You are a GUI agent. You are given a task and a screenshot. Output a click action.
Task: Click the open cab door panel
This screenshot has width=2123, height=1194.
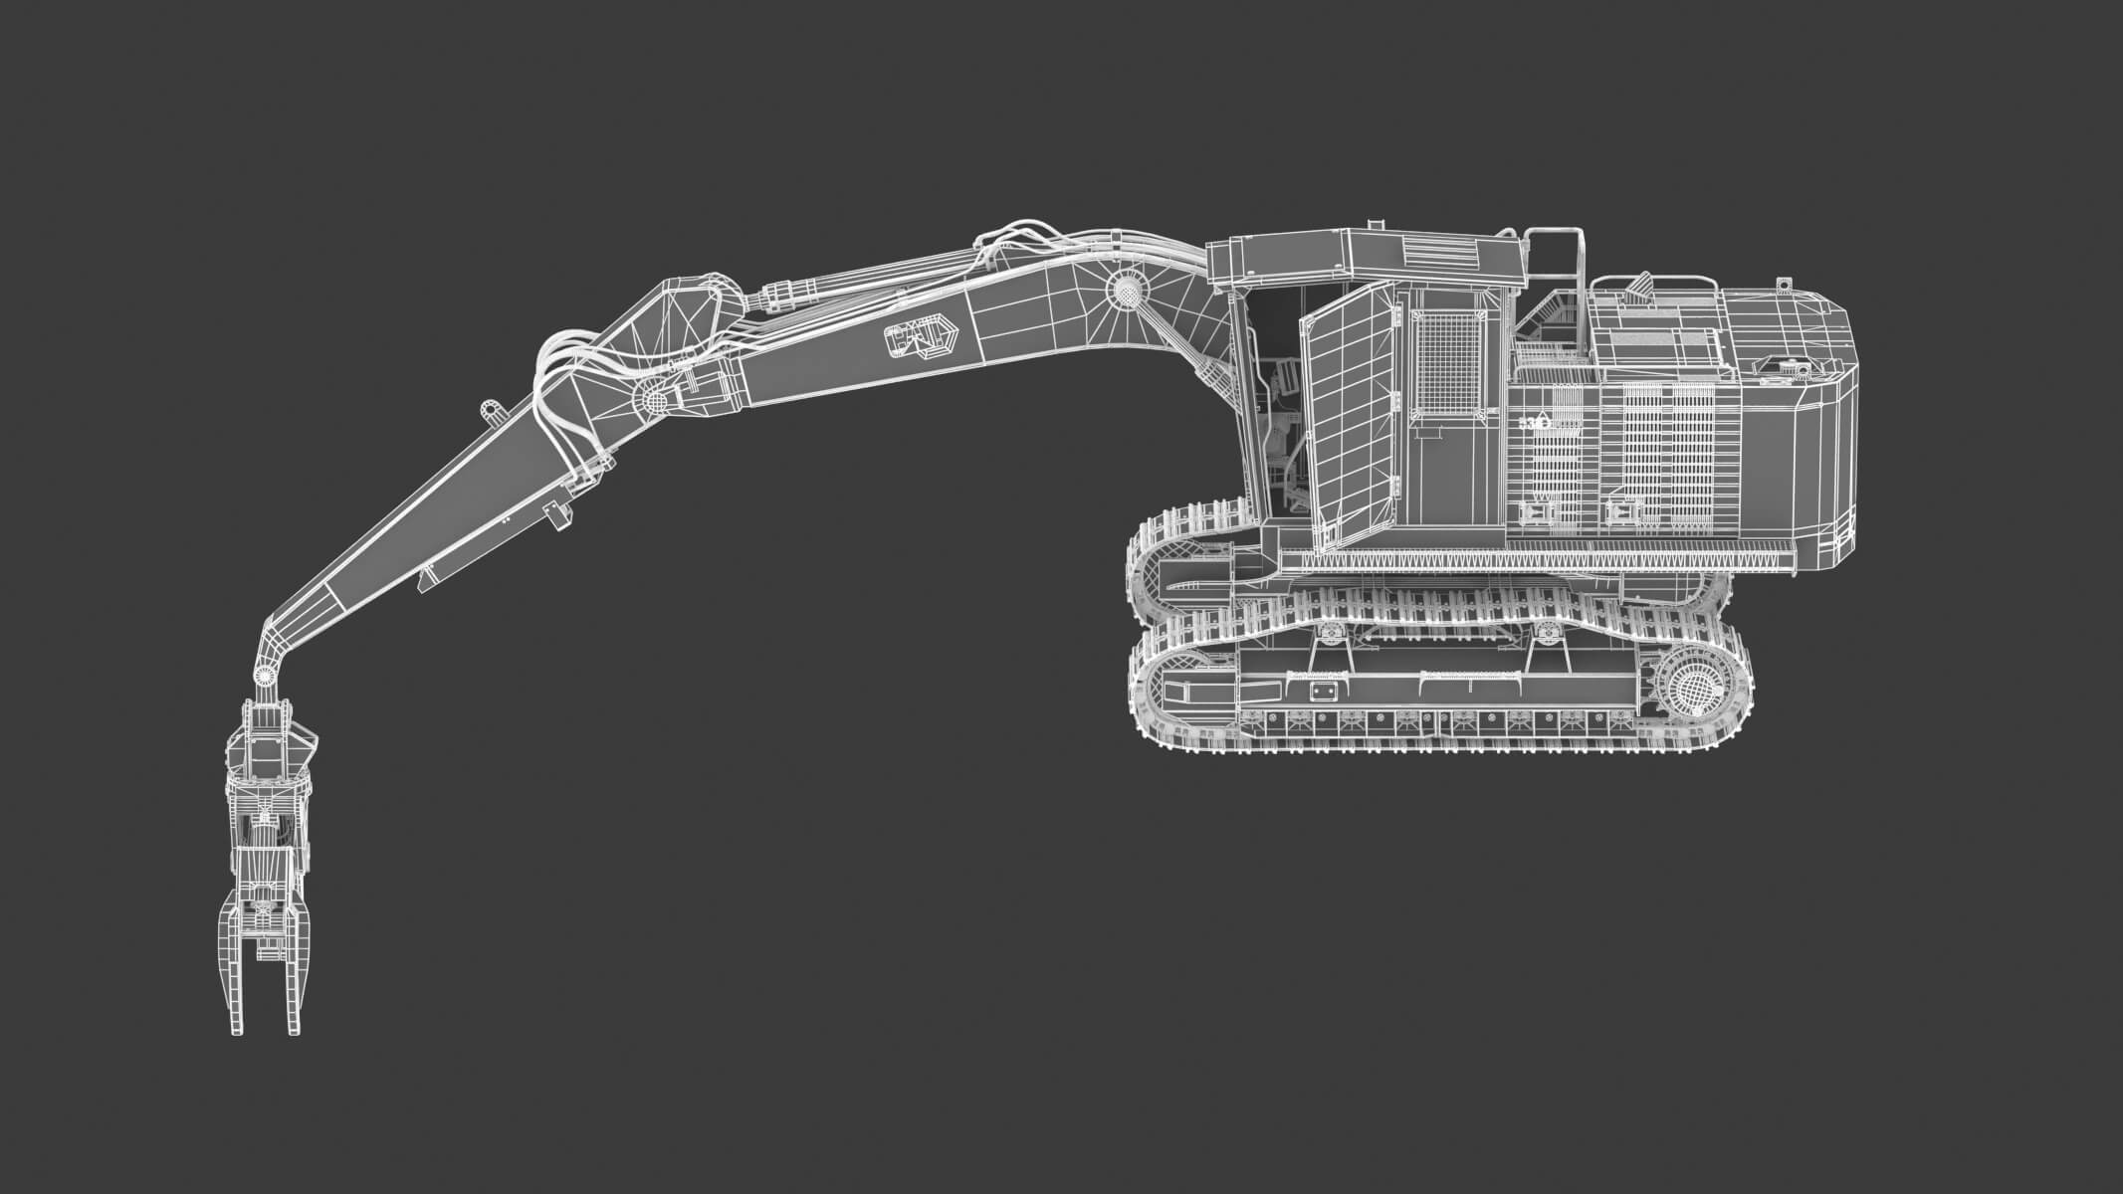(x=1348, y=418)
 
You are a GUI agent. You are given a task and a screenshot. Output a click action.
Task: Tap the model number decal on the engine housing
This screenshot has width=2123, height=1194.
(x=1538, y=422)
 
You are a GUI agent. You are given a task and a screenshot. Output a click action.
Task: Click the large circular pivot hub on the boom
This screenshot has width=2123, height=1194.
(x=1126, y=293)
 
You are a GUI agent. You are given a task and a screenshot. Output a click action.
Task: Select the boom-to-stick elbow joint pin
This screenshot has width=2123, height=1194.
(x=655, y=398)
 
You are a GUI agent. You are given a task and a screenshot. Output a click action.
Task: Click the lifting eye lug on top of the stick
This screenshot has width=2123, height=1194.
(x=491, y=410)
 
